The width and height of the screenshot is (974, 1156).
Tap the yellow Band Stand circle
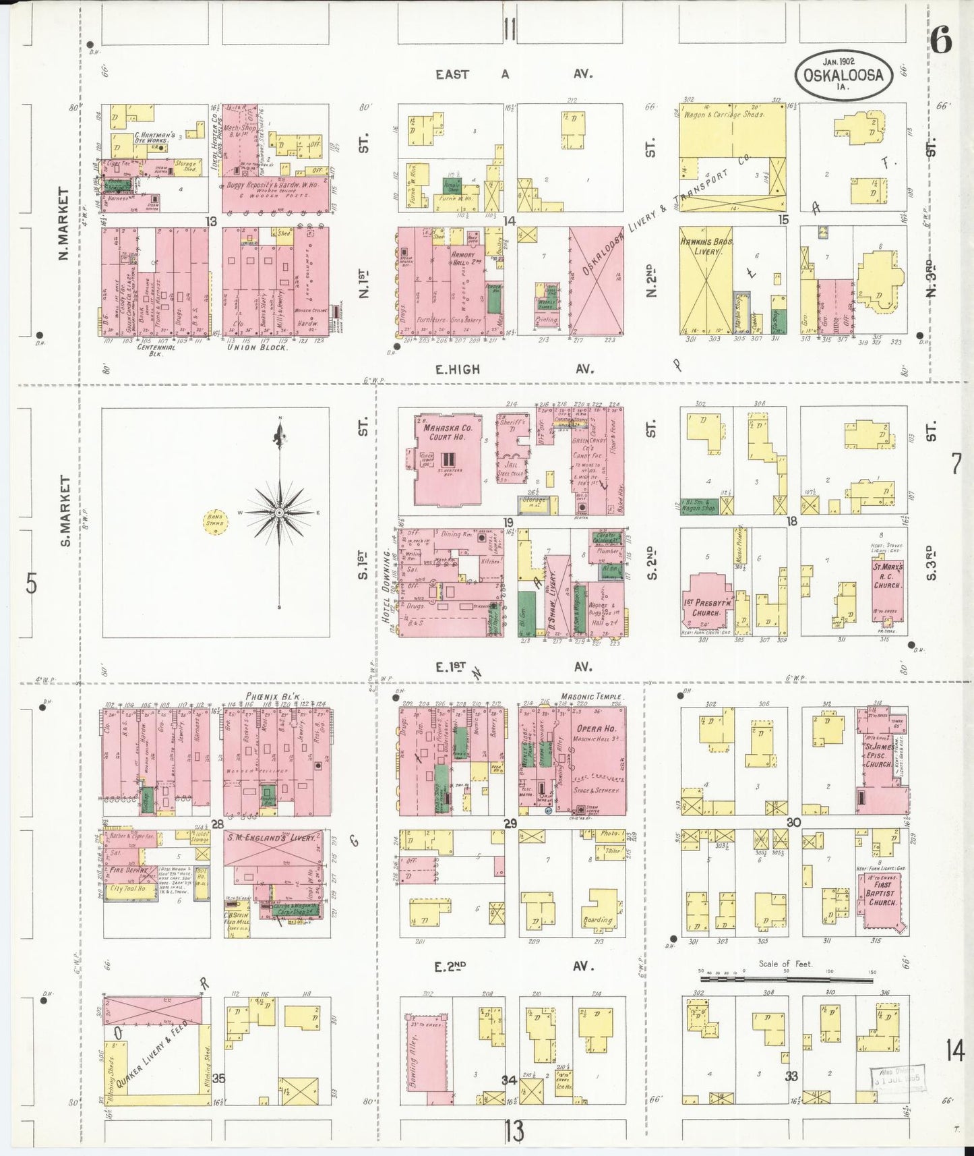214,523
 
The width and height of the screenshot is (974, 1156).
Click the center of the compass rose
278,513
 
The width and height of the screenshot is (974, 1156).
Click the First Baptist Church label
881,893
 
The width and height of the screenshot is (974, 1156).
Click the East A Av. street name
512,74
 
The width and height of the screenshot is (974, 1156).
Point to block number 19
507,522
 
